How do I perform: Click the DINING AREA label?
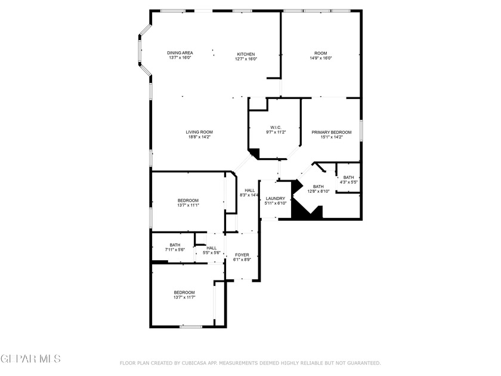(x=180, y=53)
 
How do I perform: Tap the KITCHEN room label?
(x=246, y=53)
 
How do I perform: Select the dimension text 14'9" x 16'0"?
(x=320, y=58)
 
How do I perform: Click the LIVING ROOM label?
(x=199, y=132)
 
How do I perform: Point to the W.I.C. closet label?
(x=276, y=127)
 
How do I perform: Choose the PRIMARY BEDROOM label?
(x=332, y=132)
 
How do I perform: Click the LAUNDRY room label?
(x=276, y=198)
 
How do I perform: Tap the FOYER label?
(x=242, y=255)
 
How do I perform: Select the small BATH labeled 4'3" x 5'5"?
(x=348, y=177)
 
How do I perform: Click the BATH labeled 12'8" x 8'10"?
(x=318, y=186)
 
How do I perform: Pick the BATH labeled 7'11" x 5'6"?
(x=175, y=245)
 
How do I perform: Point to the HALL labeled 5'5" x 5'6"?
(x=212, y=248)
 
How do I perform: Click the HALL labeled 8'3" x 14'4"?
(x=249, y=190)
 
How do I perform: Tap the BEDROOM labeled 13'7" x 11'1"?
(x=188, y=200)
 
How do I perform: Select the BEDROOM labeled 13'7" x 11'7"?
(x=184, y=292)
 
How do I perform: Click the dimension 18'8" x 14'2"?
(x=199, y=137)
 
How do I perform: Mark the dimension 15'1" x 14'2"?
(x=332, y=137)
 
